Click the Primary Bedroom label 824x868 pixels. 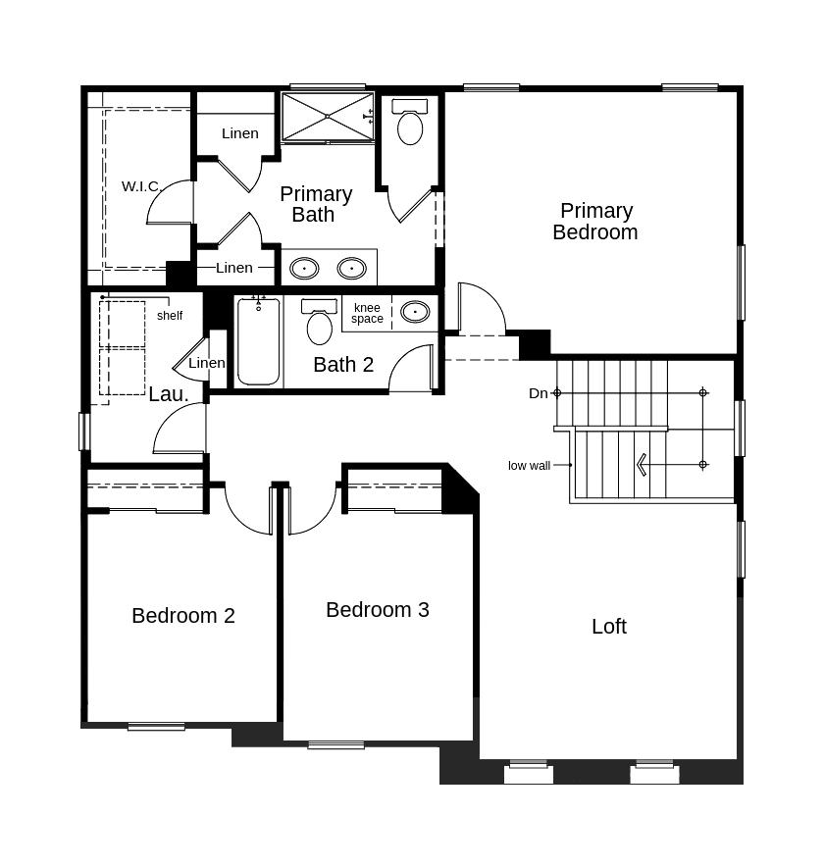[x=595, y=222]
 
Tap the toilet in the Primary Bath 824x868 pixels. [x=410, y=122]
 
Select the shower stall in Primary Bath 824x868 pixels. [x=328, y=117]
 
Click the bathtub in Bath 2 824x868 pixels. [x=259, y=340]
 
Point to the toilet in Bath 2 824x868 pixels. [x=320, y=322]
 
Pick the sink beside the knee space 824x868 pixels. [x=415, y=312]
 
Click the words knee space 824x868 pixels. [x=367, y=313]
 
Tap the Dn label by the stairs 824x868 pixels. [x=539, y=393]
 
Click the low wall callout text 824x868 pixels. [x=529, y=466]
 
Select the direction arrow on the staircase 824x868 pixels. [x=643, y=465]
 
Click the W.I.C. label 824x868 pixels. [x=140, y=186]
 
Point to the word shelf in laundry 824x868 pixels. [x=170, y=316]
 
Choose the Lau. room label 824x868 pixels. [x=169, y=394]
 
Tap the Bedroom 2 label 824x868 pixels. [x=183, y=616]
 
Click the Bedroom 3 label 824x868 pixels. [x=377, y=609]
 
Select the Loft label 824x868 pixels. [x=609, y=627]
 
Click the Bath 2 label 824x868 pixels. [x=343, y=365]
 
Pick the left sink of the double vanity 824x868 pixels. [x=304, y=269]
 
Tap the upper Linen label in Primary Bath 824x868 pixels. [x=239, y=133]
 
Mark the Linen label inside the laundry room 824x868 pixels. [x=207, y=363]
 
